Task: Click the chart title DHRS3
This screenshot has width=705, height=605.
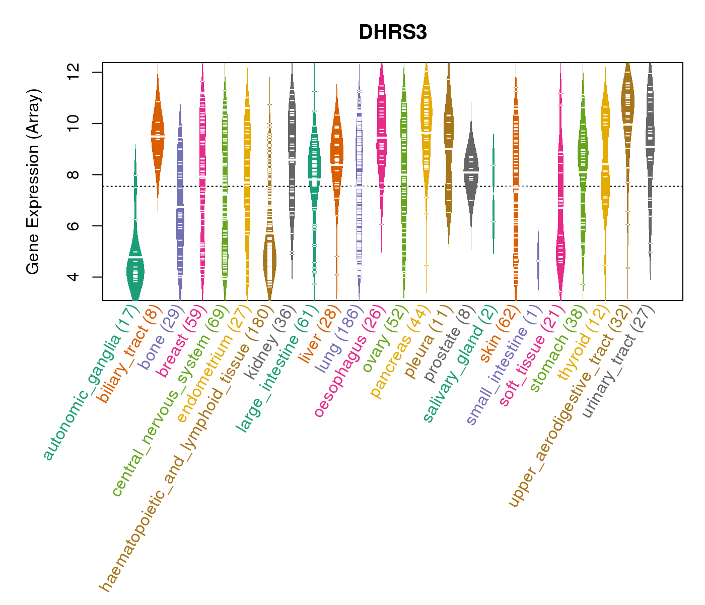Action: point(393,33)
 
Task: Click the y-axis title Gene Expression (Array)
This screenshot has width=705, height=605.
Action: point(33,181)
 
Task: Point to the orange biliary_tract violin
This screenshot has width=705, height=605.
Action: point(158,136)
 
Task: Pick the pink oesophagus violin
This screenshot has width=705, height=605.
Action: point(381,136)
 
